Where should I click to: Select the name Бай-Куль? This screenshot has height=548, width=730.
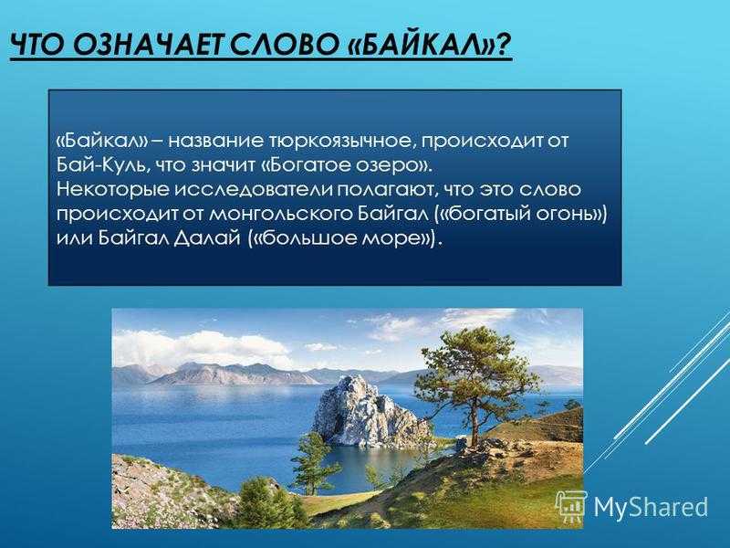(x=93, y=164)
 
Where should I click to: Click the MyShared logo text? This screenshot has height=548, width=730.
(x=651, y=506)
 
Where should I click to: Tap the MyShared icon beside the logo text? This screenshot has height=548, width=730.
(x=571, y=505)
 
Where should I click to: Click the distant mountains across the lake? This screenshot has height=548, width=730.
(x=219, y=373)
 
